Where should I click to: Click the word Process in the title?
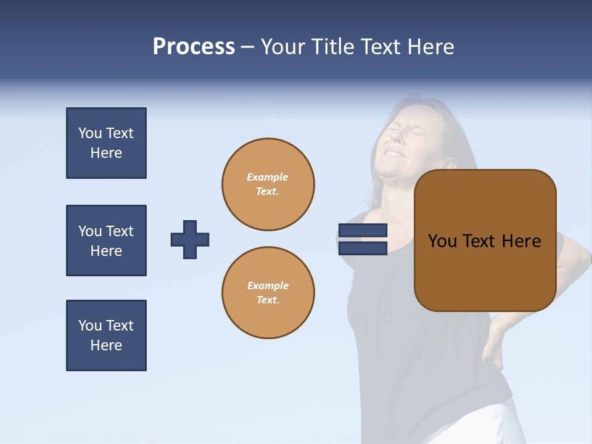tap(194, 47)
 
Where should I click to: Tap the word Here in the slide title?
tap(429, 47)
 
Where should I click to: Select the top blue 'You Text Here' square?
tap(106, 143)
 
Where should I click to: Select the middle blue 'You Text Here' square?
tap(106, 240)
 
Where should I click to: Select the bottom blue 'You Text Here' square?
tap(106, 335)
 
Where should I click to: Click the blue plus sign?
tap(190, 239)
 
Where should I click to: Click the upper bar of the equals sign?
tap(363, 230)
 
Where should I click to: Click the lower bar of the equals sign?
tap(363, 248)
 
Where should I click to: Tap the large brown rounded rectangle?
tap(485, 271)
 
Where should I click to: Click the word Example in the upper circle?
tap(268, 177)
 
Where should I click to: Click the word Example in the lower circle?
tap(268, 286)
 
